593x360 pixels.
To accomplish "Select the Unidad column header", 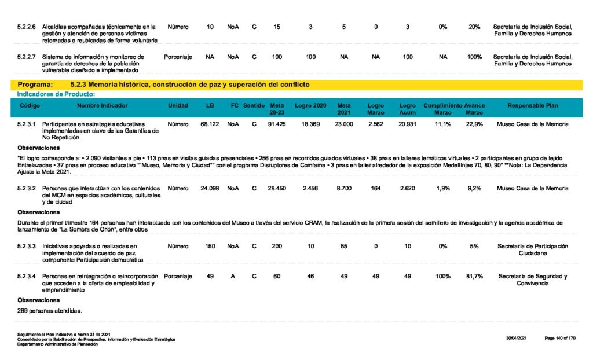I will [x=178, y=106].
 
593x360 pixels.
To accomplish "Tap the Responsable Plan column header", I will [x=532, y=106].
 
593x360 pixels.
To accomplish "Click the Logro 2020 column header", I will [x=310, y=106].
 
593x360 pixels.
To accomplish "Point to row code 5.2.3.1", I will [x=27, y=124].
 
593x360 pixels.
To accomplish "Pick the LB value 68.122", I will [x=209, y=124].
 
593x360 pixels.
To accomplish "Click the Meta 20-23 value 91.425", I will [x=277, y=124].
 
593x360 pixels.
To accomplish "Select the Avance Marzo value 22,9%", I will [x=474, y=124].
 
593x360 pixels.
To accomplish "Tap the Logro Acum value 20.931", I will [x=407, y=124].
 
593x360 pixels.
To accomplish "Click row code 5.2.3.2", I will [x=27, y=189].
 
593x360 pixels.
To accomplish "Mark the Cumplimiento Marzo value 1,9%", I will [x=442, y=189].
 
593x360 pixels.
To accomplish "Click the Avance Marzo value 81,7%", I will [x=474, y=277].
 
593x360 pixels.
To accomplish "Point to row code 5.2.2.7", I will [x=27, y=57].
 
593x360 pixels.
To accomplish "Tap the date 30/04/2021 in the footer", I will [x=515, y=337].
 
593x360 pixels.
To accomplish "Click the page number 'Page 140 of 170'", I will [x=559, y=337].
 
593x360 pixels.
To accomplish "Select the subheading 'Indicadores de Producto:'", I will [x=56, y=94].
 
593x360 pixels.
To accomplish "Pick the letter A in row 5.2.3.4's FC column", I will [x=233, y=277].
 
